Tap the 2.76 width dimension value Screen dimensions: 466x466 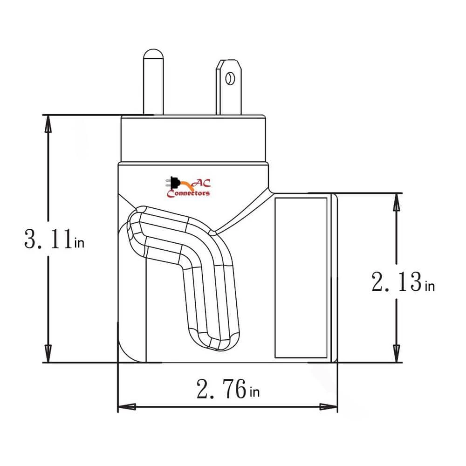[221, 389]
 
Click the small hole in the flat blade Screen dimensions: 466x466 [229, 78]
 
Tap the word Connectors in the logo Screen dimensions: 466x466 [188, 193]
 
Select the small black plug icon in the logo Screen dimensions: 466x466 [173, 182]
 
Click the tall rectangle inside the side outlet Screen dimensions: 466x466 [301, 277]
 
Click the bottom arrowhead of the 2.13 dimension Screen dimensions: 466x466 [396, 354]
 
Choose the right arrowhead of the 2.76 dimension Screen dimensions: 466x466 [329, 406]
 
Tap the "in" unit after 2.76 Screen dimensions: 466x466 [254, 392]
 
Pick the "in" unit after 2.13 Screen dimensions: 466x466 [430, 285]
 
